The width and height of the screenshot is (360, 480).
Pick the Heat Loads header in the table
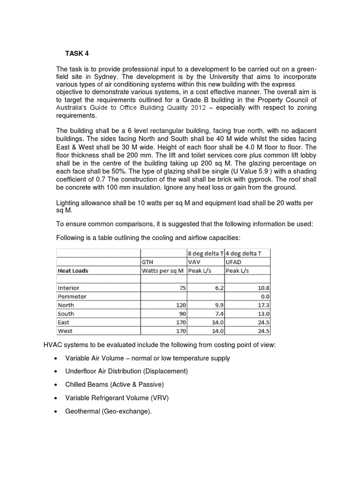(x=73, y=270)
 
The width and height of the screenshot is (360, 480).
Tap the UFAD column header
(x=234, y=262)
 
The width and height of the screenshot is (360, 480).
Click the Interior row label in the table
(x=68, y=288)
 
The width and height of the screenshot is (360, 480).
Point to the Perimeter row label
(x=72, y=296)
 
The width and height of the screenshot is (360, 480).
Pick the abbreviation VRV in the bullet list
(x=159, y=397)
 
